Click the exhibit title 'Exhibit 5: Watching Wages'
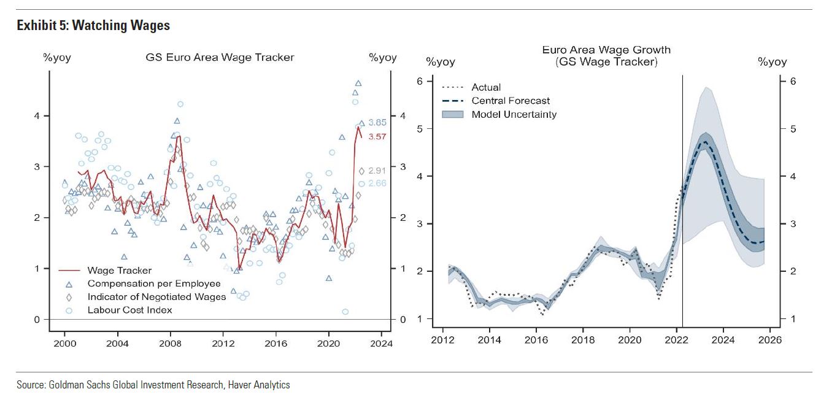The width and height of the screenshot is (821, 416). pos(93,25)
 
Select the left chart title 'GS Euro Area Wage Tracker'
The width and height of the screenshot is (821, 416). pos(220,57)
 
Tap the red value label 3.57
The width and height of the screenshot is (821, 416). pos(377,136)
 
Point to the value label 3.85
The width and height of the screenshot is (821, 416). pos(377,122)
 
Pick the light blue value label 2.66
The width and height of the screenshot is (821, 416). pos(377,183)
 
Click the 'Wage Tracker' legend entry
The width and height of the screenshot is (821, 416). pos(119,270)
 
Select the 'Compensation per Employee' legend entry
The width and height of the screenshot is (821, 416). pos(153,283)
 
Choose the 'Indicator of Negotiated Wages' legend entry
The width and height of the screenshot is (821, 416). pos(156,296)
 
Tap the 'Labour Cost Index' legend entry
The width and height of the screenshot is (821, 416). pos(129,310)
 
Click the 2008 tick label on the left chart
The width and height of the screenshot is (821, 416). pos(170,343)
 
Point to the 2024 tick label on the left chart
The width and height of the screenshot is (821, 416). pos(381,343)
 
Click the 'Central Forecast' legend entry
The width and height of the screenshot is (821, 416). pos(511,101)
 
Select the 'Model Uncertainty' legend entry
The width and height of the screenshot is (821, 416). pos(514,114)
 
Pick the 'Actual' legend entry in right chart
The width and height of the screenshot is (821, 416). pos(486,87)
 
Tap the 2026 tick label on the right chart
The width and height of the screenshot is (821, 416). pos(770,339)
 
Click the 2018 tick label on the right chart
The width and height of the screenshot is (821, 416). pos(583,339)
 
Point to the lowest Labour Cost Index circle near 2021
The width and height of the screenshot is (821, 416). pos(345,312)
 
